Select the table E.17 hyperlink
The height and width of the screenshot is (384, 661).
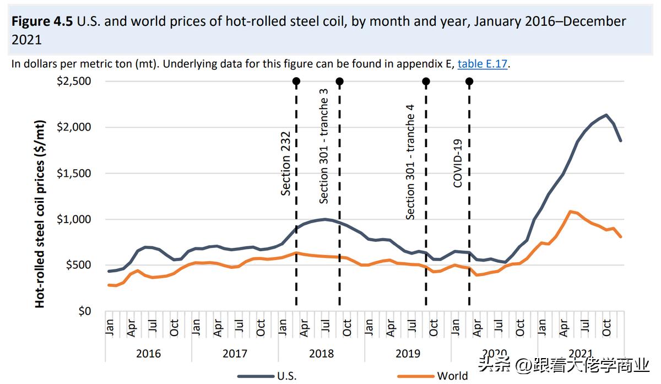[482, 64]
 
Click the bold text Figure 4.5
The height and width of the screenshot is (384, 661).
[42, 21]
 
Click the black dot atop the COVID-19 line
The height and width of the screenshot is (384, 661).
[469, 82]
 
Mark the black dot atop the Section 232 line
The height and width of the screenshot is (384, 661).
[296, 82]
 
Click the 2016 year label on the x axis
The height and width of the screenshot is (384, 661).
[149, 353]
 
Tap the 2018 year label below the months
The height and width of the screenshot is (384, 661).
[321, 353]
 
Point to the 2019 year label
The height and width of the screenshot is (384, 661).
[408, 353]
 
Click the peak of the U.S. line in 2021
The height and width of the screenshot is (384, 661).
[606, 115]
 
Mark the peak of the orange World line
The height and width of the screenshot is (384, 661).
[571, 211]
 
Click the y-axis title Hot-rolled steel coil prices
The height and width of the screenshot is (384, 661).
[40, 214]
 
